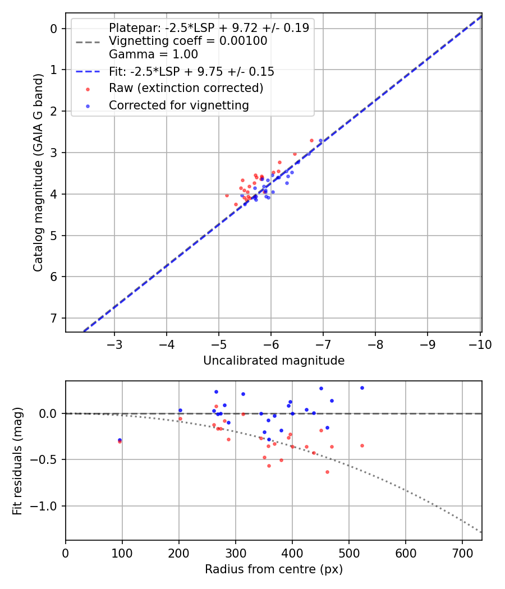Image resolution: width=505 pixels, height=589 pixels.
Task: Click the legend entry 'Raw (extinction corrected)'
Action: click(186, 88)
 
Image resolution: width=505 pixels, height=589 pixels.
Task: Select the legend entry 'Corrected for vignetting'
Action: click(179, 105)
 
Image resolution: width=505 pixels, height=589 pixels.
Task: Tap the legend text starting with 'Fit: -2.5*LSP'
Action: click(191, 72)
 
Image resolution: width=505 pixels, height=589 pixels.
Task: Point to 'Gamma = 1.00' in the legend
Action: click(153, 54)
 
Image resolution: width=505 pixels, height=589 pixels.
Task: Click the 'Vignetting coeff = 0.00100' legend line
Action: click(188, 41)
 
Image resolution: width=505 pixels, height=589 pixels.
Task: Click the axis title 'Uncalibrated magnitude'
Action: click(274, 361)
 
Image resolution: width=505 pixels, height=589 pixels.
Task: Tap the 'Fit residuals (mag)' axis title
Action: click(18, 461)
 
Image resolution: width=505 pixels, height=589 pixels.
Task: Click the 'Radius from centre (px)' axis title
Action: click(274, 569)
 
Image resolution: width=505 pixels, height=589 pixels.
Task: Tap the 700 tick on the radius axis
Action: click(462, 553)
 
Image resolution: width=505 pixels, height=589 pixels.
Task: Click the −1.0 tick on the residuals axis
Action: click(47, 506)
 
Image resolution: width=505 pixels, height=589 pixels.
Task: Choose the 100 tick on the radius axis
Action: click(122, 553)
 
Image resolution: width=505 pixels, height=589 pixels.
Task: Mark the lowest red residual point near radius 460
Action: click(327, 472)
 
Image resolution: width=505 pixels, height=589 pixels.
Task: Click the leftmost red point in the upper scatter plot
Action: click(227, 195)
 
